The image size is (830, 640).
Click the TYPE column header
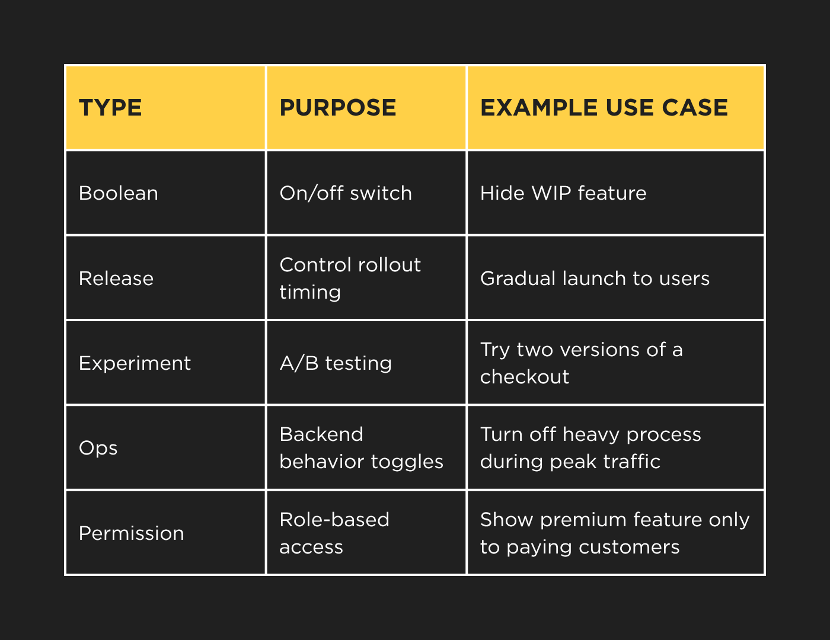point(110,107)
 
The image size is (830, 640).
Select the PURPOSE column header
point(338,107)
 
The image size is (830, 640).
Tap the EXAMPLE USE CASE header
point(604,107)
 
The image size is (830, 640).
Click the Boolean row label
point(119,193)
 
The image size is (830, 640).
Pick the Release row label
point(116,278)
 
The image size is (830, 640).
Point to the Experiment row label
point(135,363)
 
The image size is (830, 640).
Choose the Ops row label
point(98,449)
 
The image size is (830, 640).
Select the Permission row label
point(132,533)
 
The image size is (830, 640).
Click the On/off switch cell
point(346,193)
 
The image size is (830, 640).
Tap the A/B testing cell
point(336,363)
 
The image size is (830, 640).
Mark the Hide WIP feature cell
point(563,193)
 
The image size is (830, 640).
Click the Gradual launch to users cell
point(595,278)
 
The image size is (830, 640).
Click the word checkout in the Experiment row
point(525,377)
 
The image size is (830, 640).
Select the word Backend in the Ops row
point(321,434)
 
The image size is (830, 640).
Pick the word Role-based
point(334,519)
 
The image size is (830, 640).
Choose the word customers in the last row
point(630,548)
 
